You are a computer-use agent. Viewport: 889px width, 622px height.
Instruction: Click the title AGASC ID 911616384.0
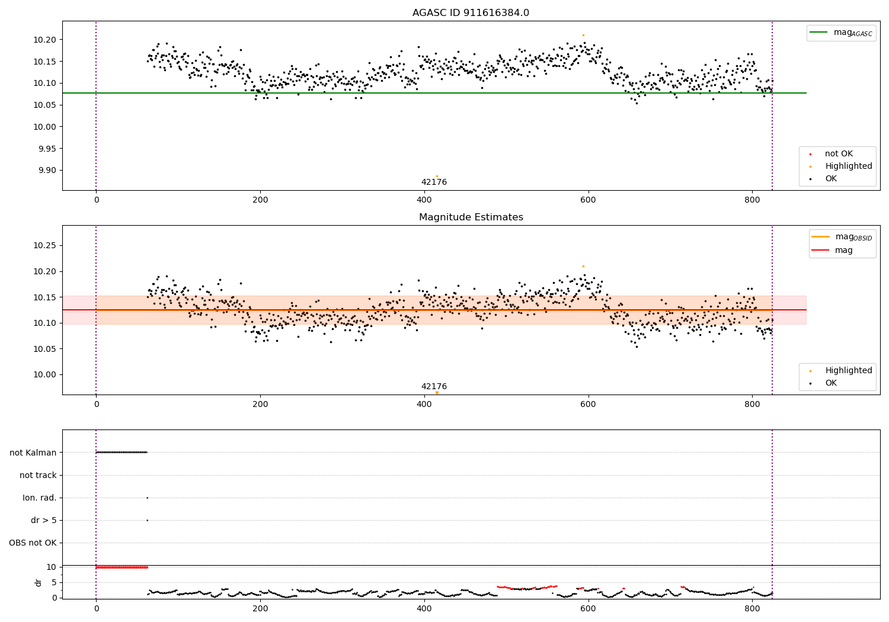(471, 13)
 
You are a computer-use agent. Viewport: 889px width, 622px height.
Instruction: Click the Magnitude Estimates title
(471, 217)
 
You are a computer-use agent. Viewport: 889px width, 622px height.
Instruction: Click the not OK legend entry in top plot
(838, 154)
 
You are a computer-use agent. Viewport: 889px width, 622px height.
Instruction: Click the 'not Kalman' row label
(33, 453)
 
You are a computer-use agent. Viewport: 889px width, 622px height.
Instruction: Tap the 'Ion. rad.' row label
(40, 498)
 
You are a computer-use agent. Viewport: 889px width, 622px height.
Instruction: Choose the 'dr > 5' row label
(44, 521)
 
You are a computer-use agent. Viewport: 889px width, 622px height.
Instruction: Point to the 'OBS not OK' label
(33, 543)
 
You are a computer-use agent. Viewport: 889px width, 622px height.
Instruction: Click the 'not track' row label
(38, 476)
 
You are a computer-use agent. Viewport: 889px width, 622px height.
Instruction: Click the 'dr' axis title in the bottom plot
(39, 582)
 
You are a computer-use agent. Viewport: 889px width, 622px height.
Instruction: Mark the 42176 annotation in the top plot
(434, 182)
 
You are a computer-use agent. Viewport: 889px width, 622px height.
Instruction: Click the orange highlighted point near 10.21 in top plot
(583, 35)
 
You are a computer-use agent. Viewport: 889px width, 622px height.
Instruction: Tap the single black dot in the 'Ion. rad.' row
(147, 498)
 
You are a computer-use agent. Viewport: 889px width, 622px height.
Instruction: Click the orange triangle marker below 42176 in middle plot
(437, 393)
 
